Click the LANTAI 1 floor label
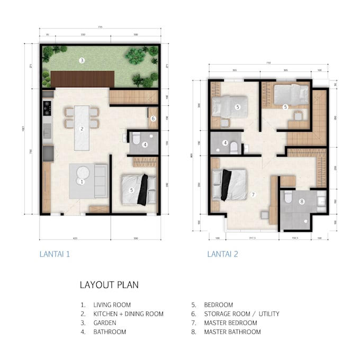(x=55, y=254)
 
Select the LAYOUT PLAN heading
(x=109, y=285)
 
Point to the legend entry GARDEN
(x=105, y=323)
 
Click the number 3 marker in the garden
(x=81, y=60)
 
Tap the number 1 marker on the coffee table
(x=82, y=181)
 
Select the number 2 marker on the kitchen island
(x=82, y=129)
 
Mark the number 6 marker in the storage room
(x=153, y=119)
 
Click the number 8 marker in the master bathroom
(x=301, y=201)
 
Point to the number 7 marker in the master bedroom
(x=253, y=195)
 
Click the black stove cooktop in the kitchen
(x=47, y=107)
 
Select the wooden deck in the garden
(x=83, y=79)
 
